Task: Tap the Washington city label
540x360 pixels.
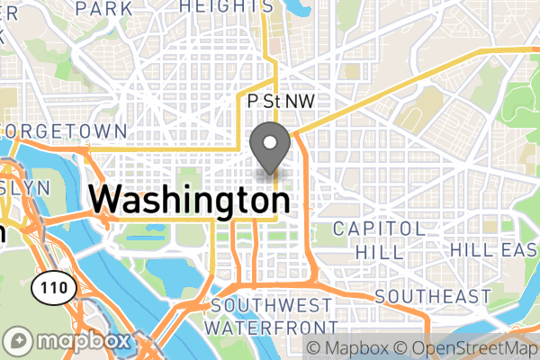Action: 190,199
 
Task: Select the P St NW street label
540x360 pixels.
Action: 281,103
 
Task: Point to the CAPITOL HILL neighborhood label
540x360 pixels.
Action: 378,239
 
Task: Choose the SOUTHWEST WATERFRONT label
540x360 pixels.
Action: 272,315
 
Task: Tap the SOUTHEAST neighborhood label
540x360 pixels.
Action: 434,296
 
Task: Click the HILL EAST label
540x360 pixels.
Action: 494,249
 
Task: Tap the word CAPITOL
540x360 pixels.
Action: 378,229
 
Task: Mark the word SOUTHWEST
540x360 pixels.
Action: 272,305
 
